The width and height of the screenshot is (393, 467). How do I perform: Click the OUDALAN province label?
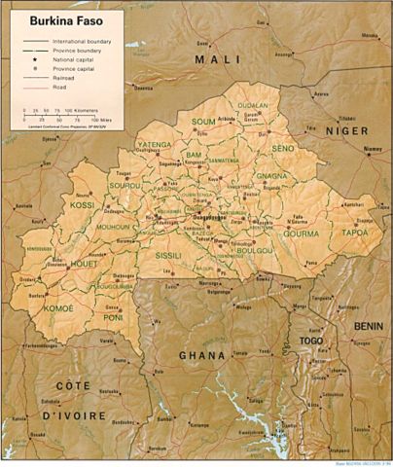pyautogui.click(x=253, y=105)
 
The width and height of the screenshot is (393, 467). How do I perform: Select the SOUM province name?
pyautogui.click(x=203, y=122)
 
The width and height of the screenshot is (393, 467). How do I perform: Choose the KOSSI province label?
pyautogui.click(x=56, y=205)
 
